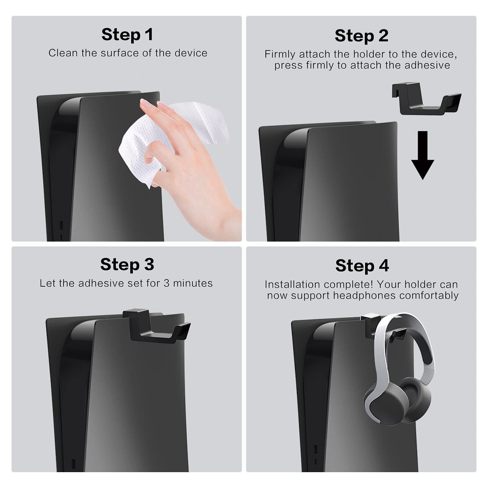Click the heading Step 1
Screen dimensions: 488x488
coord(127,34)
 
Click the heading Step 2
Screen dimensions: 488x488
coord(361,36)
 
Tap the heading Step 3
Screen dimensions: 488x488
coord(127,264)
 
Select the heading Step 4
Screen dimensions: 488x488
coord(362,265)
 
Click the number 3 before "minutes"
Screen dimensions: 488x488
coord(167,283)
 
